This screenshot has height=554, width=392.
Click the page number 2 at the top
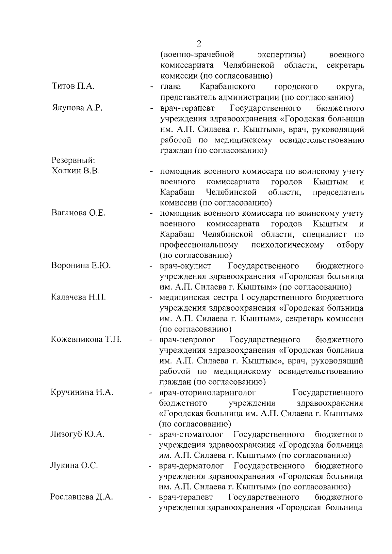(200, 44)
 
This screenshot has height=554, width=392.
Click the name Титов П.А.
(73, 86)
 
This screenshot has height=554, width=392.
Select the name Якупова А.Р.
(77, 108)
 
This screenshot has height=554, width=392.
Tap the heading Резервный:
(73, 161)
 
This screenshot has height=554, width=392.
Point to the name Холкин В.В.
(75, 171)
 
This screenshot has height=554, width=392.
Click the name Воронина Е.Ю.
(81, 266)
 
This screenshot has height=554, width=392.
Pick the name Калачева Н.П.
(78, 297)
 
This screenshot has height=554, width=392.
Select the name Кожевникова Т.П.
(86, 339)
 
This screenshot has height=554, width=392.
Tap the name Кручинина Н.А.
(82, 392)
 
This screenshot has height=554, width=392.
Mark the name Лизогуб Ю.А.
(77, 434)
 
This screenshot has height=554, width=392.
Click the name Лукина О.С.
(74, 466)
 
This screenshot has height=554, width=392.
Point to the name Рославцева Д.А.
(82, 498)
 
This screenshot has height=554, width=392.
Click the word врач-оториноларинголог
(207, 392)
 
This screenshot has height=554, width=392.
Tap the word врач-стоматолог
(191, 434)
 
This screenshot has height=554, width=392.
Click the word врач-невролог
(187, 339)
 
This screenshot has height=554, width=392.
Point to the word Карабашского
(227, 86)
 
